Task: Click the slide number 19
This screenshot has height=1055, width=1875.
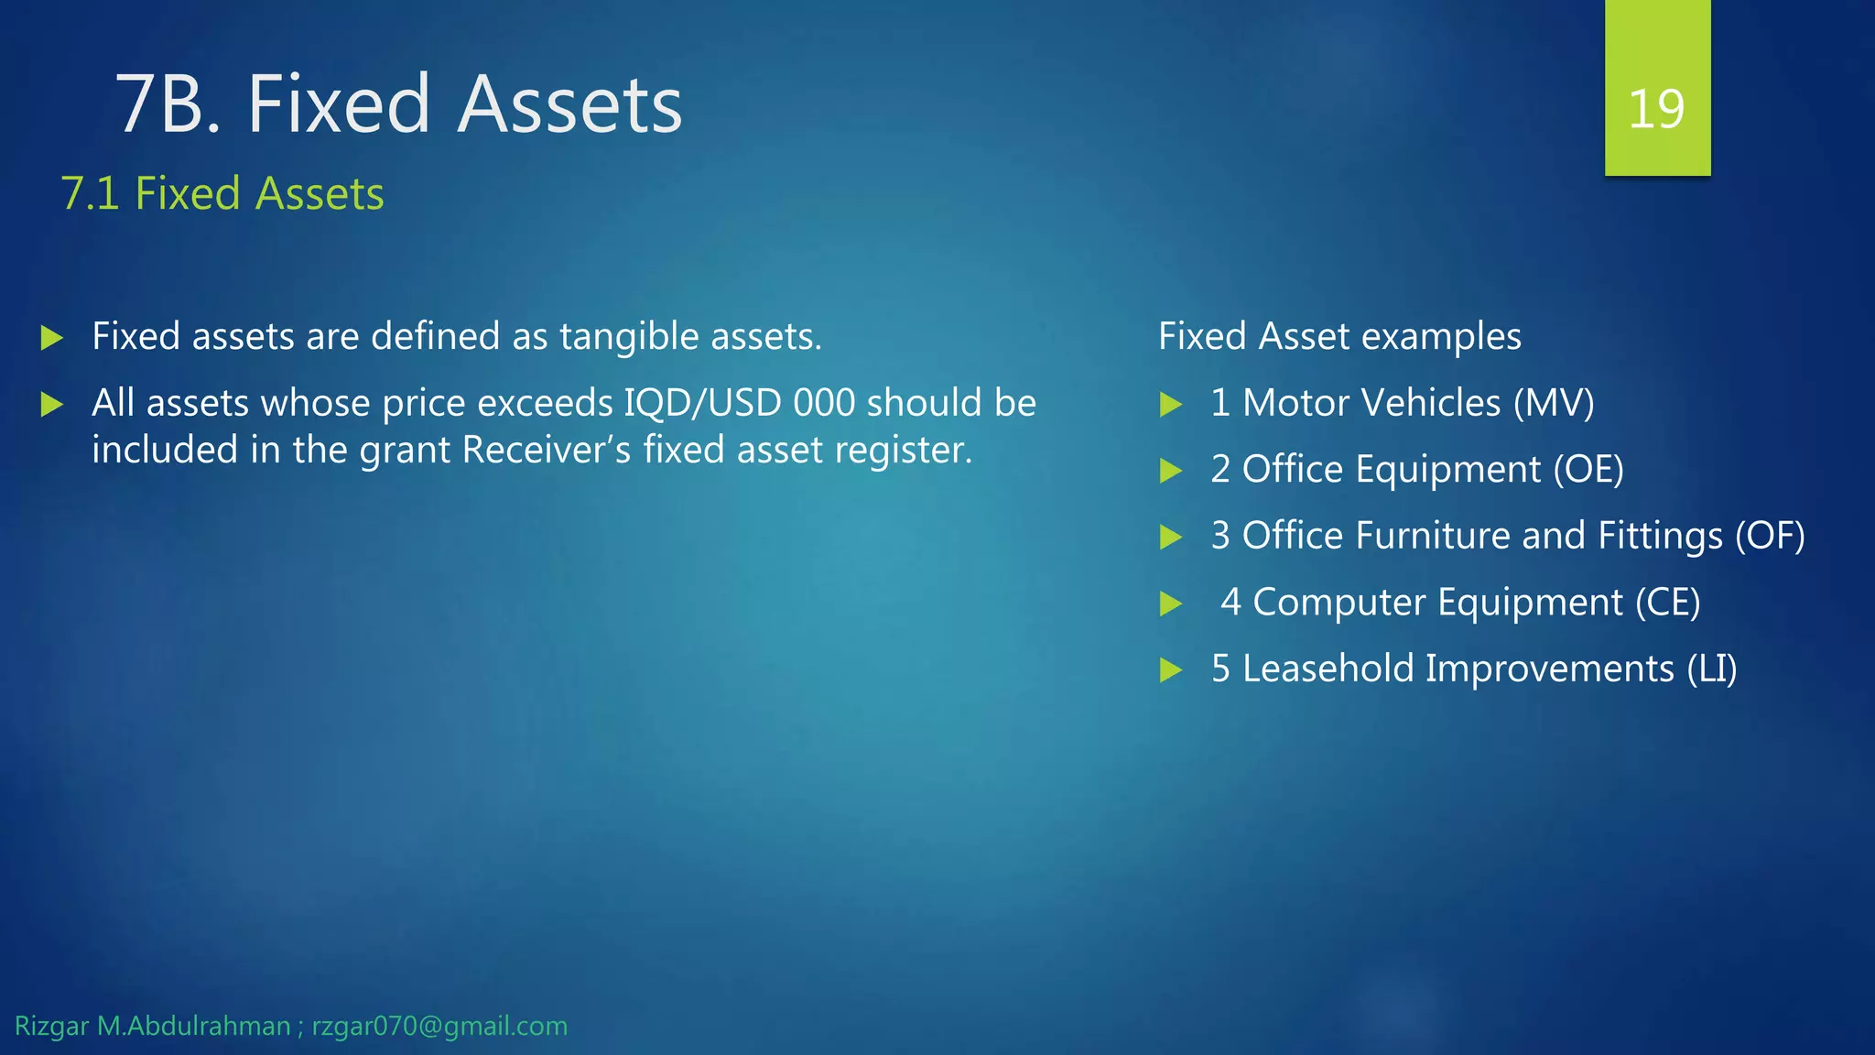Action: point(1656,109)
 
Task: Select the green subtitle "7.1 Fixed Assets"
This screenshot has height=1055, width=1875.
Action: point(222,193)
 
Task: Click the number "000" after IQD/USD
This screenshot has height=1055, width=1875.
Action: point(824,403)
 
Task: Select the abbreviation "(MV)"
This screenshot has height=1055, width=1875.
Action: point(1554,403)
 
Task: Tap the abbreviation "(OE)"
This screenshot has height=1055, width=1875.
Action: point(1588,469)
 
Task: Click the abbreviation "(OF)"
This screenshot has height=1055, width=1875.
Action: point(1770,536)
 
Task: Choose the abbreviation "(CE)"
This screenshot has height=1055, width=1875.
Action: point(1667,603)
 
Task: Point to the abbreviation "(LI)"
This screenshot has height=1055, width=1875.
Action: point(1712,669)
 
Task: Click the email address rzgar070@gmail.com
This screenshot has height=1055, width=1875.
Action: point(439,1026)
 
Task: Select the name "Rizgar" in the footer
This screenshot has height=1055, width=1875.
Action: point(51,1026)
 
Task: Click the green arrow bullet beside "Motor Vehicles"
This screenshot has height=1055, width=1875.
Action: point(1171,404)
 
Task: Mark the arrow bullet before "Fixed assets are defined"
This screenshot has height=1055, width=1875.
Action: point(52,338)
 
